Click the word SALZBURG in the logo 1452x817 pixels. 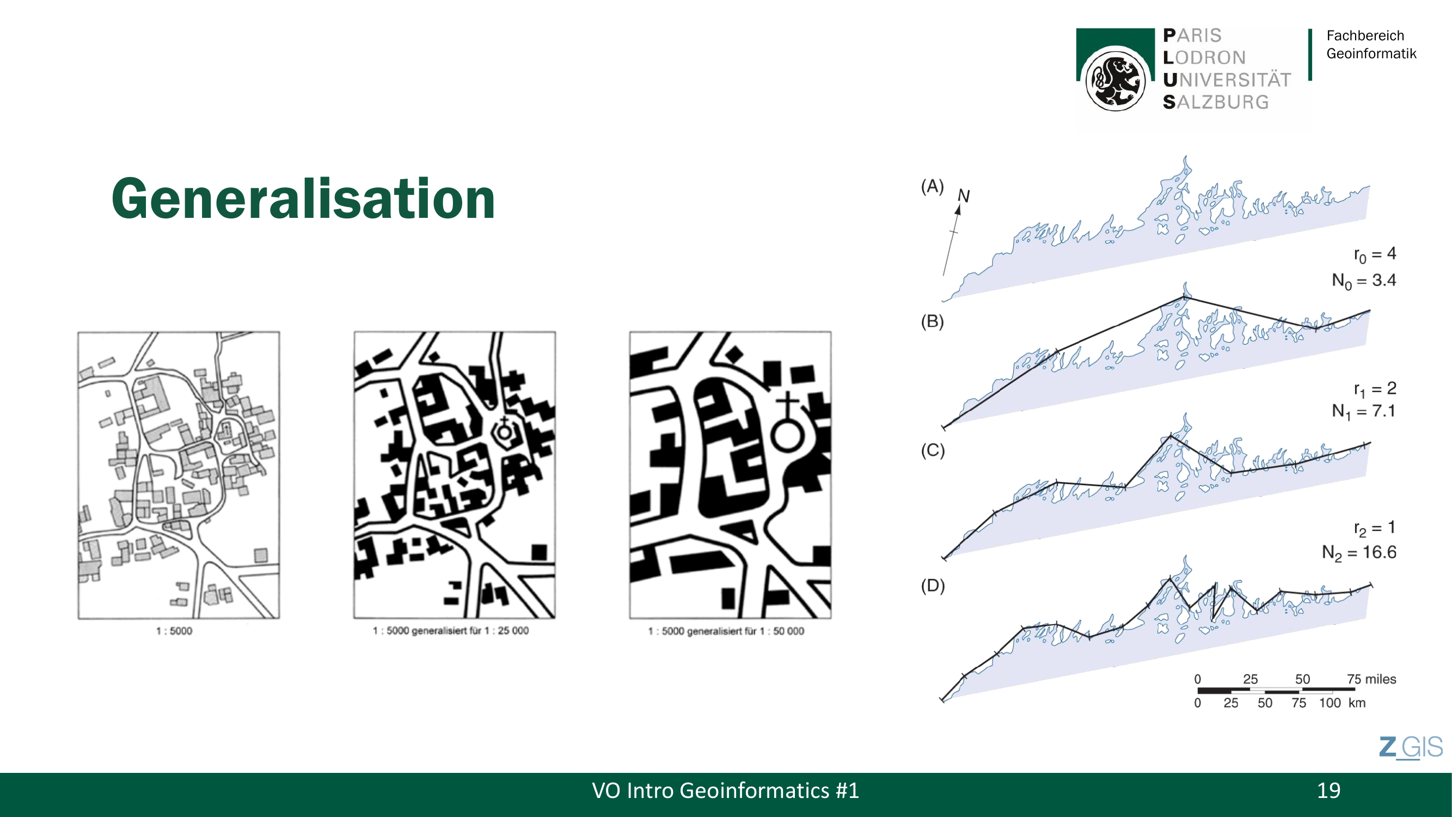(x=1216, y=102)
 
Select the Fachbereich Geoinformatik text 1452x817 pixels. (x=1371, y=45)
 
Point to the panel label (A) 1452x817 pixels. (x=932, y=186)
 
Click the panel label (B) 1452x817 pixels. (x=932, y=321)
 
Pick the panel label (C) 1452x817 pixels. (x=932, y=450)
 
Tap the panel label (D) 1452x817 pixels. (x=932, y=586)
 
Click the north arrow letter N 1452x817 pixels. (x=963, y=196)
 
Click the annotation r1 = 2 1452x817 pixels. (x=1375, y=389)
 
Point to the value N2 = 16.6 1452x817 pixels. (x=1359, y=552)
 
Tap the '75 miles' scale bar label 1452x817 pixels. (x=1371, y=679)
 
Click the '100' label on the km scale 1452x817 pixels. (x=1330, y=703)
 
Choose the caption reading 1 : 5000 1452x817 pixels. (x=174, y=631)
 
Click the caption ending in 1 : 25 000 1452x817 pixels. (x=450, y=631)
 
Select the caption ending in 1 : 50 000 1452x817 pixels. (x=726, y=631)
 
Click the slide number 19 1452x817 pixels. (x=1328, y=790)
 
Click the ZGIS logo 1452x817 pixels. (x=1411, y=748)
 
